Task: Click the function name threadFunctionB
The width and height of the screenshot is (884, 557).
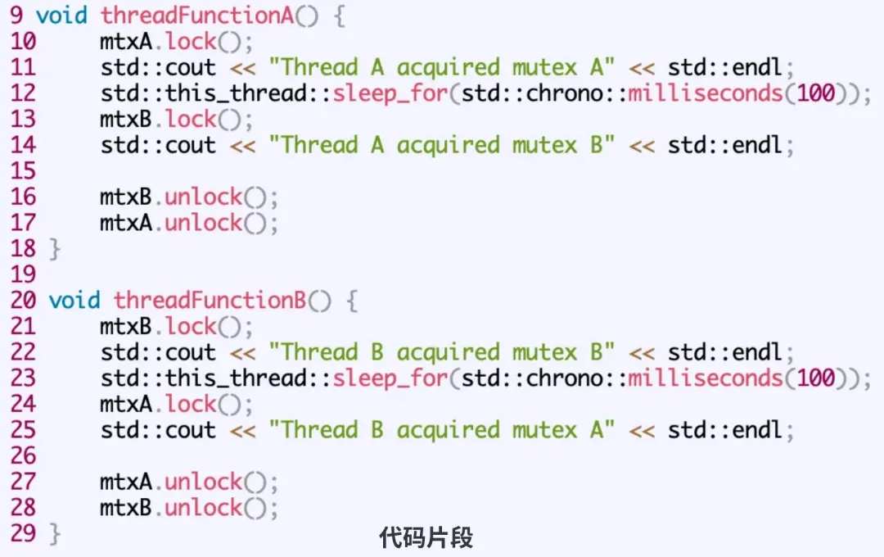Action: click(x=210, y=301)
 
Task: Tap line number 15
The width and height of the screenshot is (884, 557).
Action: click(x=23, y=171)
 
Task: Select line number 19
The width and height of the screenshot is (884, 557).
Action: click(x=23, y=274)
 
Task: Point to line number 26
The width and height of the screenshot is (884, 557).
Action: click(x=23, y=456)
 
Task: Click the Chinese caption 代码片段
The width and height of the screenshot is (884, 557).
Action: click(x=426, y=537)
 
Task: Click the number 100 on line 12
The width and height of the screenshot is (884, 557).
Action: click(x=815, y=93)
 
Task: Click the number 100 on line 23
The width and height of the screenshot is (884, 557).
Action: click(x=815, y=378)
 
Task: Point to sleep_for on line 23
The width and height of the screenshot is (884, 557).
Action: click(x=390, y=378)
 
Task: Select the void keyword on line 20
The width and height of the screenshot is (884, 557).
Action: click(x=74, y=301)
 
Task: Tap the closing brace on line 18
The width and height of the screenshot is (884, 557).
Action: click(x=55, y=249)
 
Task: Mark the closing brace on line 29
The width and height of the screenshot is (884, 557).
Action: click(x=55, y=534)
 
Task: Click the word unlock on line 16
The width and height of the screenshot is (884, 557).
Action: click(x=204, y=197)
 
